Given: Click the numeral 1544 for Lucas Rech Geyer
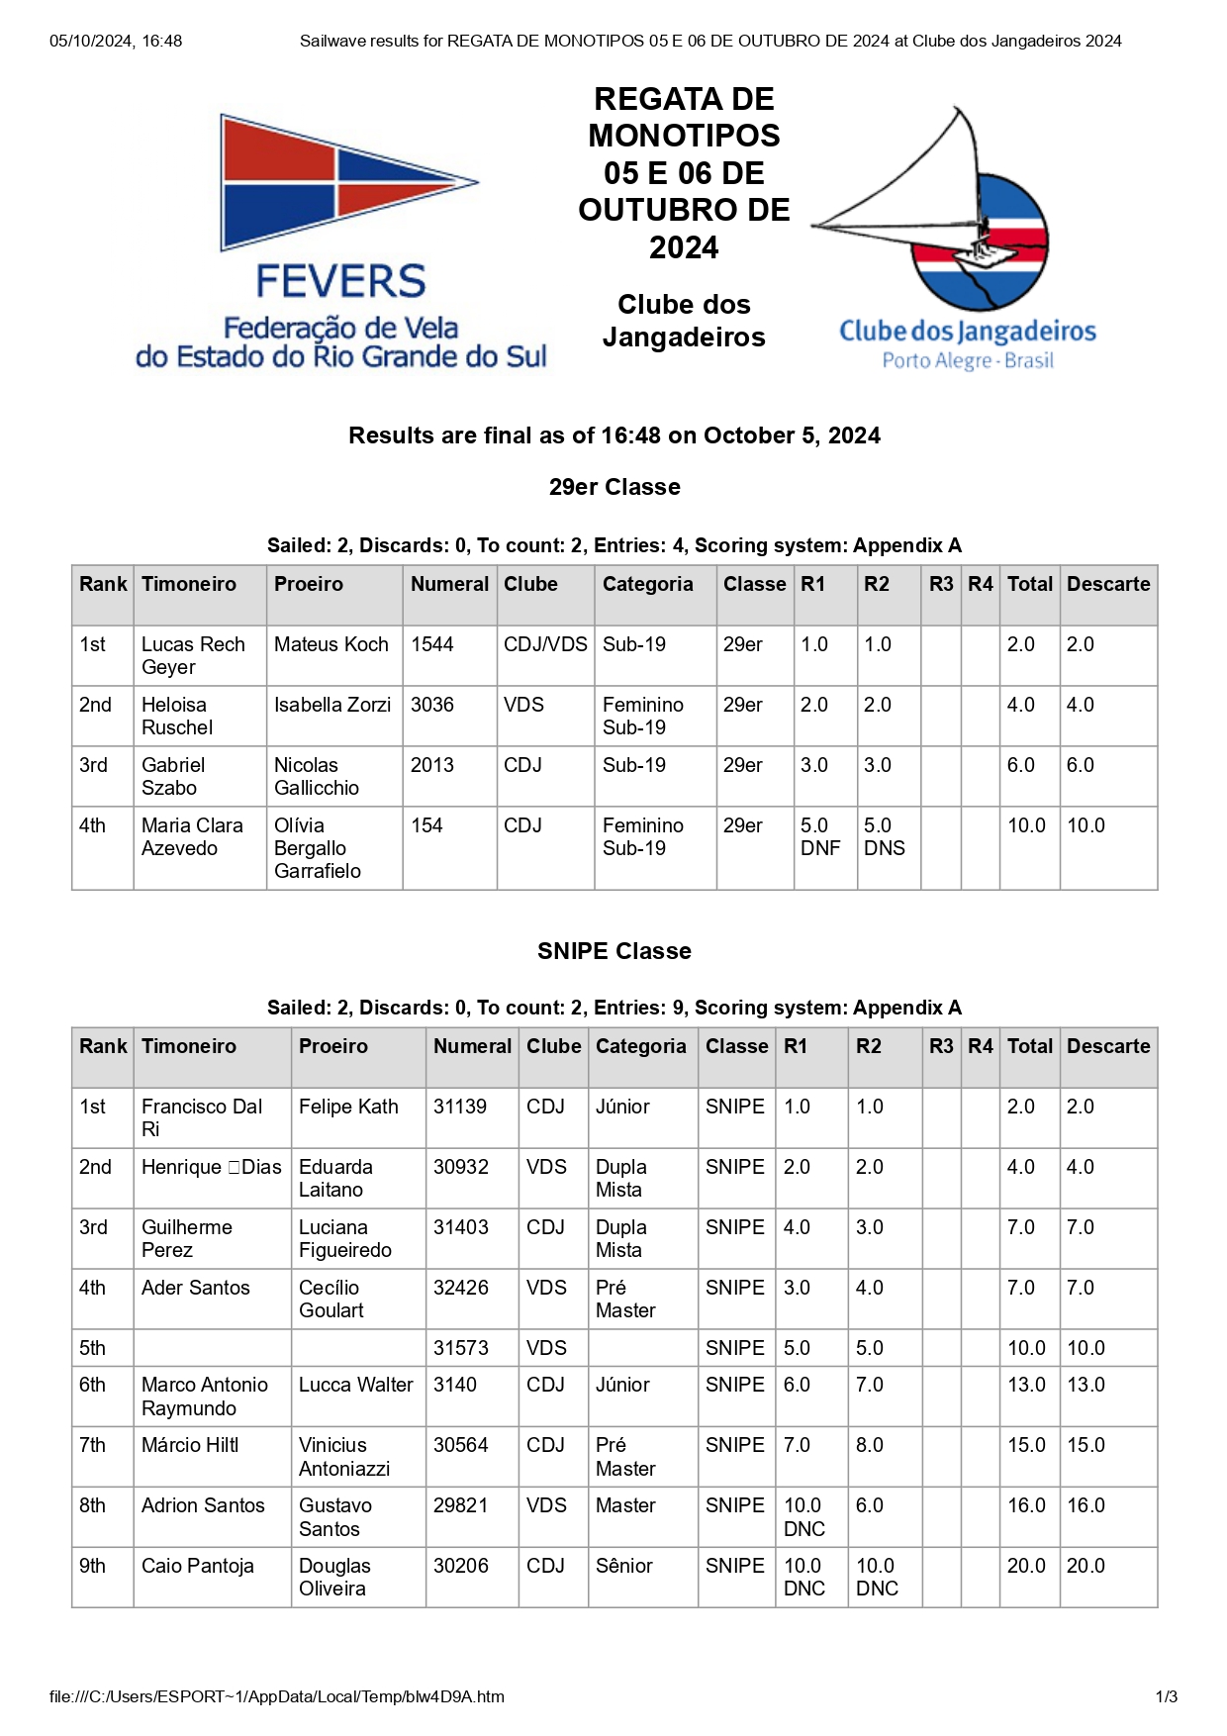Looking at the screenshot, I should [432, 644].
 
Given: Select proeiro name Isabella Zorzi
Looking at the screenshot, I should [332, 705].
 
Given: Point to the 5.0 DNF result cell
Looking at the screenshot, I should [820, 836].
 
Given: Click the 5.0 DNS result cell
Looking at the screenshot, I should [884, 836].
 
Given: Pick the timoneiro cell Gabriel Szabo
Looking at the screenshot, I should [173, 776].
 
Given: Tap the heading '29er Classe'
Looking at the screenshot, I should [614, 487].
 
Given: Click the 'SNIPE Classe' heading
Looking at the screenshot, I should [614, 951].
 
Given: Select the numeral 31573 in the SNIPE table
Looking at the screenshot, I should [461, 1348].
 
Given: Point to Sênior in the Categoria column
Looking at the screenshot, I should [624, 1566].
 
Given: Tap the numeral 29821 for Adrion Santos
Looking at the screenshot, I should [461, 1505].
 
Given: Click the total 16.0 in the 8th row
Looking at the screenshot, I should [1026, 1505].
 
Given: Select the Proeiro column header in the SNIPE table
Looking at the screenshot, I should [333, 1046].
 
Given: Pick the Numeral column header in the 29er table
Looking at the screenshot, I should [449, 584].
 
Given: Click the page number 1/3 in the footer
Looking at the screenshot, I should [1167, 1696].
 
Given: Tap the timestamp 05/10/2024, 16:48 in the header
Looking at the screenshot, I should [116, 41].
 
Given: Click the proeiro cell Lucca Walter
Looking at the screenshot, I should [356, 1385].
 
